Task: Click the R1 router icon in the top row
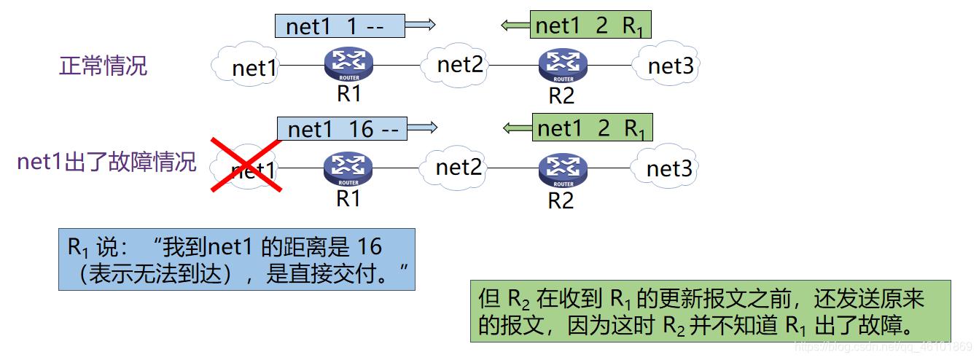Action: (x=348, y=63)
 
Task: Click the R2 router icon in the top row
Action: (x=563, y=64)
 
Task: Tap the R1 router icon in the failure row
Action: (x=348, y=169)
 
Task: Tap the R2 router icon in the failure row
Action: (x=562, y=169)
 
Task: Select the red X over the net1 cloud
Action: (x=246, y=165)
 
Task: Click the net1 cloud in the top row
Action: (x=252, y=66)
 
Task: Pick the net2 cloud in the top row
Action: (x=459, y=65)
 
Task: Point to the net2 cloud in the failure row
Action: (x=458, y=168)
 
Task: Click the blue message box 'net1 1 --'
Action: (x=339, y=26)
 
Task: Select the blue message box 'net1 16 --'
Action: (x=342, y=129)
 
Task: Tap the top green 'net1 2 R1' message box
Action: (x=590, y=26)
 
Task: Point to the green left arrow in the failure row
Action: (x=517, y=129)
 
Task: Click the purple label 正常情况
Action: (x=103, y=66)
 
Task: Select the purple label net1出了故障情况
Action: (x=106, y=162)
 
